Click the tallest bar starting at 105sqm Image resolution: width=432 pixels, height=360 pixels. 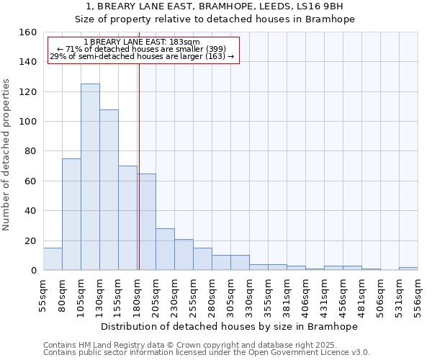[x=90, y=177]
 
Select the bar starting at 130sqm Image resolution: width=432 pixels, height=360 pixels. [x=109, y=190]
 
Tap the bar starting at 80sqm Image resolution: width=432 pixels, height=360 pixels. [x=71, y=215]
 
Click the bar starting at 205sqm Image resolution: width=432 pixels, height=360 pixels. [x=165, y=249]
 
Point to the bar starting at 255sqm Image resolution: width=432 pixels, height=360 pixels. [x=202, y=259]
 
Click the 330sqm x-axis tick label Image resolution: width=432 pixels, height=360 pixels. [x=249, y=295]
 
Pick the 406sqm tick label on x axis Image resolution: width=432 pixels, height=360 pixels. [x=305, y=295]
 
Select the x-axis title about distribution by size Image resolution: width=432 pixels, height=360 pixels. [x=229, y=326]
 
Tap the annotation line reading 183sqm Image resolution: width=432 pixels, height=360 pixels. [x=142, y=42]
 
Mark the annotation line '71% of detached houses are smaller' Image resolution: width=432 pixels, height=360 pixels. [x=142, y=49]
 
